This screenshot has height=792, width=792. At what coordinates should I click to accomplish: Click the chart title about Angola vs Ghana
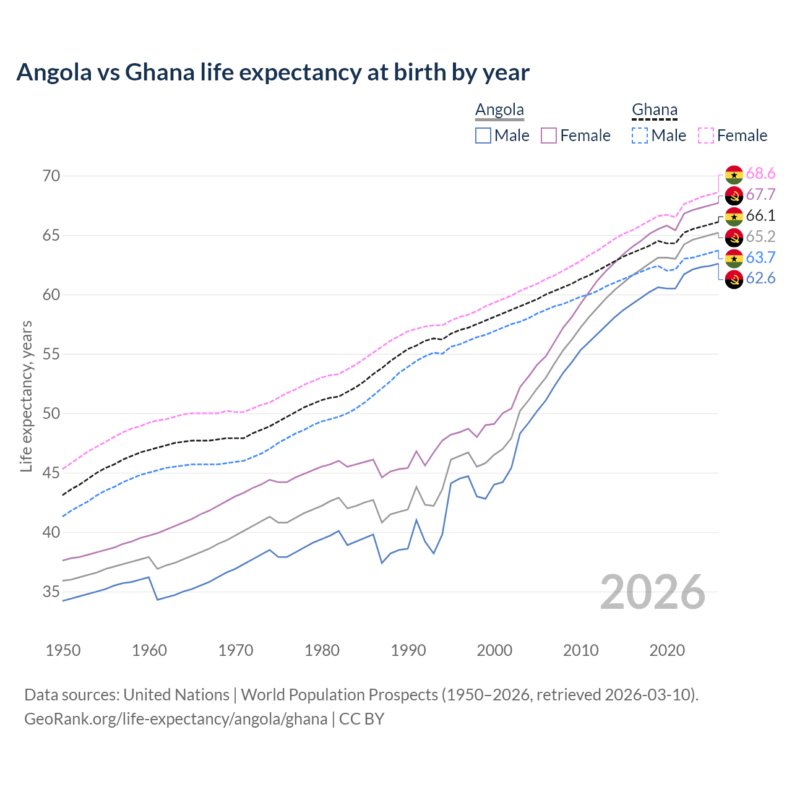click(x=273, y=72)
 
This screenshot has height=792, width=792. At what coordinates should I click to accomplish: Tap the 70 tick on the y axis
click(x=51, y=176)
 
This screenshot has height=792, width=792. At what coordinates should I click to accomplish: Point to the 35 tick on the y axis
click(x=51, y=592)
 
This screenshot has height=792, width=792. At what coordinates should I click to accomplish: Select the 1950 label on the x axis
click(x=63, y=650)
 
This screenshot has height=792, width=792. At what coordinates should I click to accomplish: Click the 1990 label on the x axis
click(x=408, y=650)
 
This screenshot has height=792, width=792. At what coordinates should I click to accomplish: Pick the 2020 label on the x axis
click(x=667, y=650)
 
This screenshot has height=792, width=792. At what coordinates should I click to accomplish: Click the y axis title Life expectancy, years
click(x=26, y=396)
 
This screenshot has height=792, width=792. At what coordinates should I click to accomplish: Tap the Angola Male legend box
click(x=483, y=136)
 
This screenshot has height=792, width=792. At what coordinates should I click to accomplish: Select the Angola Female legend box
click(x=549, y=136)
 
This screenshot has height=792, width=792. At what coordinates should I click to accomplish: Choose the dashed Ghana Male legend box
click(x=640, y=136)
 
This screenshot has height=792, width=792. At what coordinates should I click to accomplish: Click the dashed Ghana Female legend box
click(x=706, y=136)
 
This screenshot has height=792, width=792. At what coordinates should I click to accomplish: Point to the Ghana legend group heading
click(x=655, y=110)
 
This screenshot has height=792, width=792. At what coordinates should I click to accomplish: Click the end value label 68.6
click(x=760, y=174)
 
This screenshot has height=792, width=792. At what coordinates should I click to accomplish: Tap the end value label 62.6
click(x=760, y=278)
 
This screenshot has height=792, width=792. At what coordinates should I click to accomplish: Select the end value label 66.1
click(x=760, y=215)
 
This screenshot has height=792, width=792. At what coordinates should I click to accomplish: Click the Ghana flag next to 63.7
click(x=734, y=258)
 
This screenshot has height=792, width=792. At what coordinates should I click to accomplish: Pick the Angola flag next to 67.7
click(x=734, y=195)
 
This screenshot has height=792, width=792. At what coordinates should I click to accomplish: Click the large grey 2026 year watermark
click(x=653, y=592)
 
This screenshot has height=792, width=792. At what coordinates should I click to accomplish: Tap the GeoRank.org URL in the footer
click(x=176, y=719)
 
